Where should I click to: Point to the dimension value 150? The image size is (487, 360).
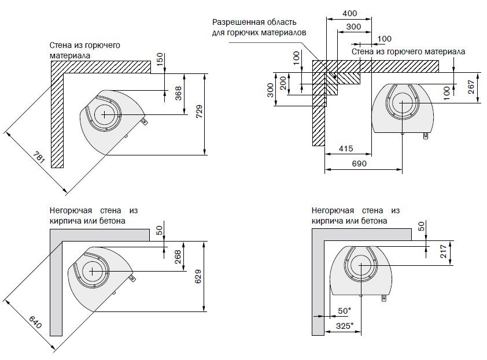(x=160, y=58)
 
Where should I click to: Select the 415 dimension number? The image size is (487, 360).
(x=346, y=149)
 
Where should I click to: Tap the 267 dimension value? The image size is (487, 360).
(x=471, y=87)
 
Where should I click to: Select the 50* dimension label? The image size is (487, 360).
(x=345, y=311)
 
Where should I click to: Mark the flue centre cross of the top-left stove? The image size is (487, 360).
(x=104, y=114)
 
